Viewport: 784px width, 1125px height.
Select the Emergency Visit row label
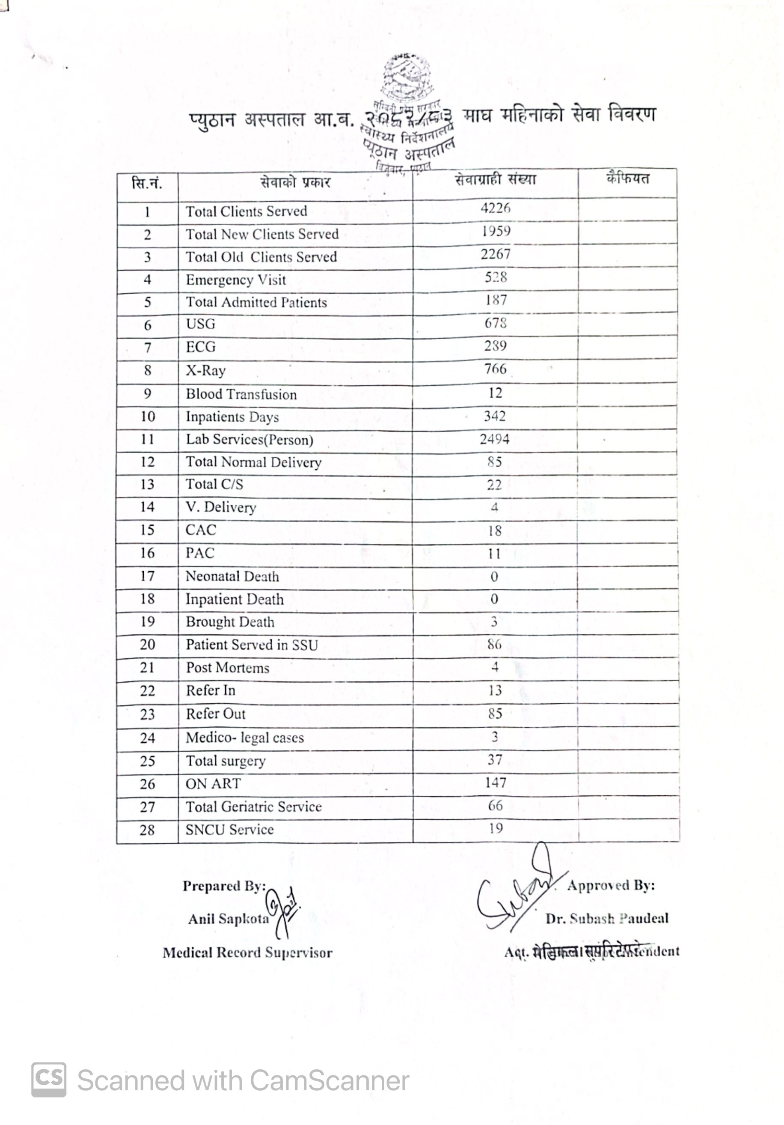[235, 280]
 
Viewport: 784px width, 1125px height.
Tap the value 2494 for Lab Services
[495, 439]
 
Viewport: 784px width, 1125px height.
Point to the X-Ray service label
[206, 370]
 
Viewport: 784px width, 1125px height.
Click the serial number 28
[147, 830]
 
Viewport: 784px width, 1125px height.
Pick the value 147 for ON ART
[495, 783]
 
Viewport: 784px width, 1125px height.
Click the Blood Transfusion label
[241, 394]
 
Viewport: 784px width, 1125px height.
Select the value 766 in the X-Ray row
[495, 369]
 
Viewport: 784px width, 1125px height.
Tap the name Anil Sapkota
[229, 919]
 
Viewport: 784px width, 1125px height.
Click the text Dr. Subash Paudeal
[607, 918]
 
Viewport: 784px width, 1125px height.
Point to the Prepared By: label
[224, 886]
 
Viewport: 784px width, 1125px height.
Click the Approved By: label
[611, 885]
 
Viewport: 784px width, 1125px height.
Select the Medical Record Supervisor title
[247, 952]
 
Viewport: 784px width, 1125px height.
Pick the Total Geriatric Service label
[254, 807]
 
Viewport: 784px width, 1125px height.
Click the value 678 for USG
[495, 323]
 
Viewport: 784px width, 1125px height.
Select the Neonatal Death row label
[232, 577]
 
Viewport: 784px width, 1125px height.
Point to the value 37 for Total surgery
[495, 760]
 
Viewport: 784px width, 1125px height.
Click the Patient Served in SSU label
[252, 645]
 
